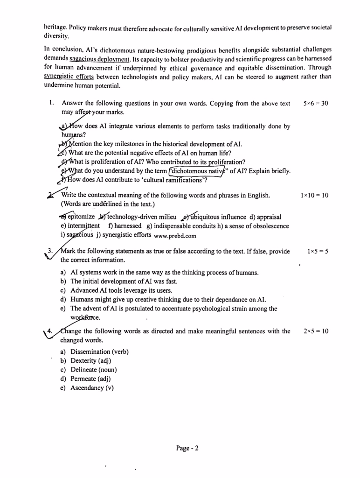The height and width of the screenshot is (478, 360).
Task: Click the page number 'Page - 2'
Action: [x=187, y=449]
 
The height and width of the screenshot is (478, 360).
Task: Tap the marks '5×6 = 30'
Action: [x=316, y=103]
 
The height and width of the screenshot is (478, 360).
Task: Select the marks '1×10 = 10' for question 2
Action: [x=315, y=196]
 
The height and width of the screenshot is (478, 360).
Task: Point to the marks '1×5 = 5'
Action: [x=318, y=251]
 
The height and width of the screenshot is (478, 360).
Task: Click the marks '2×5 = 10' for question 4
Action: [x=316, y=331]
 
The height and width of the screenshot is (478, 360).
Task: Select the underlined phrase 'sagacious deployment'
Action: [x=99, y=59]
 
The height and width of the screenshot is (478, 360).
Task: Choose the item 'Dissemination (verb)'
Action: [x=99, y=351]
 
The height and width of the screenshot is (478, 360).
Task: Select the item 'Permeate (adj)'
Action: [x=90, y=379]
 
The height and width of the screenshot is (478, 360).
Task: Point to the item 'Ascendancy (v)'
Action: [x=92, y=387]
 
